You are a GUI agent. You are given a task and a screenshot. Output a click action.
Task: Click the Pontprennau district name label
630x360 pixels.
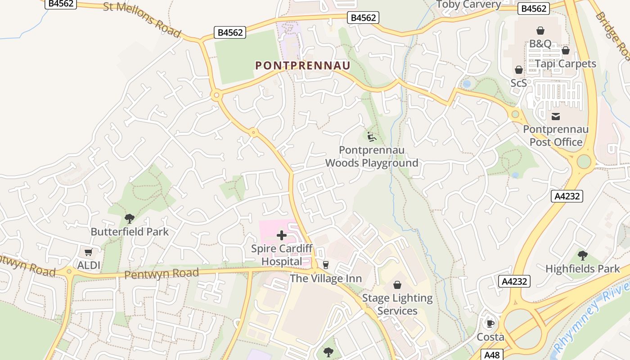tap(302, 66)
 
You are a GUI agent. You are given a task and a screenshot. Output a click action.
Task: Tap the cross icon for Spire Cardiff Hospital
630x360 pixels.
tap(282, 235)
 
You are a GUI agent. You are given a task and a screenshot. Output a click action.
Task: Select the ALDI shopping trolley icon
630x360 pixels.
tap(89, 252)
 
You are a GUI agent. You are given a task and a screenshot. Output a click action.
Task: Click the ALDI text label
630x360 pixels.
tap(89, 265)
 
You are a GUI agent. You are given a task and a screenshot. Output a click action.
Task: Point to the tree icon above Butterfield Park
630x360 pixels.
tap(130, 219)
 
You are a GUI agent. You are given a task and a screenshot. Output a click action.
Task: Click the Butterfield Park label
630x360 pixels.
tap(130, 232)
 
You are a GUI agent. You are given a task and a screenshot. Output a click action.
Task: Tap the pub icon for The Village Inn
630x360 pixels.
tap(326, 265)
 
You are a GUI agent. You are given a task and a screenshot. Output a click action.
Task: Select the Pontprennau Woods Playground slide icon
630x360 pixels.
tap(372, 136)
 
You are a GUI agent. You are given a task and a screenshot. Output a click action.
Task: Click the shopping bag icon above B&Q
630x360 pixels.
tap(540, 31)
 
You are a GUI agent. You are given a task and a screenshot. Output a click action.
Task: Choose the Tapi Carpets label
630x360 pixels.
tap(565, 63)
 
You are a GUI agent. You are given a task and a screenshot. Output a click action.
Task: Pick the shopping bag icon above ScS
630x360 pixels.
tap(518, 70)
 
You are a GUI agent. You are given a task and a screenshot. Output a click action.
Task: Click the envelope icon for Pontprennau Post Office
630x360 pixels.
tap(556, 117)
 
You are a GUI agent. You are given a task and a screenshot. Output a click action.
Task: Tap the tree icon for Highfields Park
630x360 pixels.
tap(583, 256)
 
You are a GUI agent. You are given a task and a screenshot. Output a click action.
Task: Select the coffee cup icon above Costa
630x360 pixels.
tap(490, 324)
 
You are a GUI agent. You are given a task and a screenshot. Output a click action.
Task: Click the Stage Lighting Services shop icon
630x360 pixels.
tap(397, 285)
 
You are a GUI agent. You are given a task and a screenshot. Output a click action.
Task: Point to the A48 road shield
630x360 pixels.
tap(492, 355)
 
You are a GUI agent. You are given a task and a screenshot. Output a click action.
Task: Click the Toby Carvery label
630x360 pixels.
tap(468, 4)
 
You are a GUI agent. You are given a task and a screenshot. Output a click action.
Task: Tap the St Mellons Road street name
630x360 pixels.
tap(142, 20)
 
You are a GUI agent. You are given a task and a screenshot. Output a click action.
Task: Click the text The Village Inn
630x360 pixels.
tap(326, 279)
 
